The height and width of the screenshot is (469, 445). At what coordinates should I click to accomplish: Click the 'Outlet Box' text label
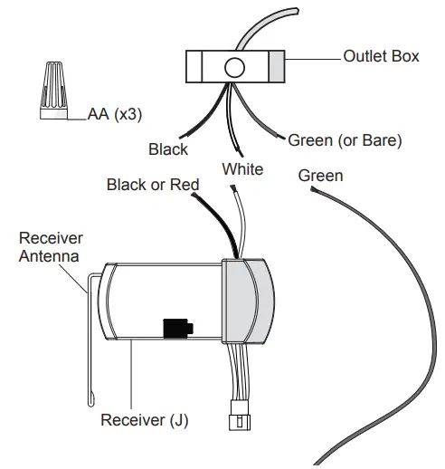(381, 56)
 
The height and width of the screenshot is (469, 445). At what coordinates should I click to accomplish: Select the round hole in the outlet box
(234, 66)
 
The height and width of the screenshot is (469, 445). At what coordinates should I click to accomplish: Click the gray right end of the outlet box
(276, 66)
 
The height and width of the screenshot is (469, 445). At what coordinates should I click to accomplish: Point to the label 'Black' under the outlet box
(168, 148)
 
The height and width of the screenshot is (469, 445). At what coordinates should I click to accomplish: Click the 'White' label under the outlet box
(241, 169)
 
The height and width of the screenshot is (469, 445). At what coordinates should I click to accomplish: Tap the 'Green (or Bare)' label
(345, 140)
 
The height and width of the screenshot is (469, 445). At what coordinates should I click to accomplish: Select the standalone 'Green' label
(320, 176)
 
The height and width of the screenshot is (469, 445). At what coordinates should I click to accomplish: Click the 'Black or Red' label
(152, 186)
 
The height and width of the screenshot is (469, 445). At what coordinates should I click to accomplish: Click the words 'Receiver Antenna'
(51, 246)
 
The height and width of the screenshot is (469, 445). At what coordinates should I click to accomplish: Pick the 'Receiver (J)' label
(145, 420)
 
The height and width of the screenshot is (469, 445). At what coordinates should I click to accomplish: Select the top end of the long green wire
(312, 192)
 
